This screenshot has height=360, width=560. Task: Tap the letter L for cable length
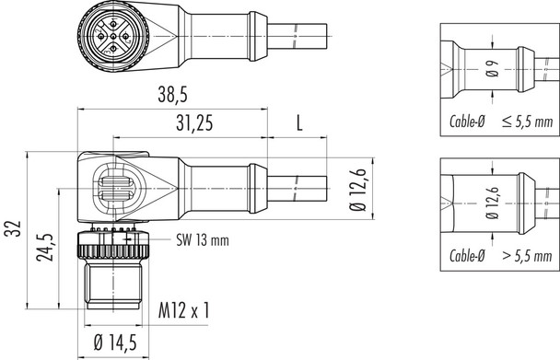tap(298, 122)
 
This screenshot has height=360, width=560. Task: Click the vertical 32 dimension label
tap(10, 227)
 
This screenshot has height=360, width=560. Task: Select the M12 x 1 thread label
tap(183, 311)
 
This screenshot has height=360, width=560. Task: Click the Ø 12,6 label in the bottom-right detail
tap(489, 203)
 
